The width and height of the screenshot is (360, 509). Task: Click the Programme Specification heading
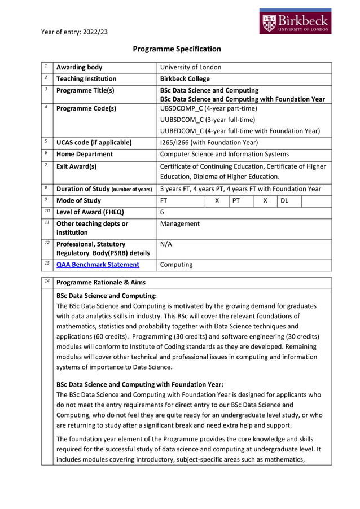click(x=177, y=49)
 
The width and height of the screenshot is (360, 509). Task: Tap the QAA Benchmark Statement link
click(x=98, y=264)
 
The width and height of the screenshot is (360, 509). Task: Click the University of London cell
click(x=191, y=67)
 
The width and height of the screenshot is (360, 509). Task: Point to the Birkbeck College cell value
click(x=185, y=79)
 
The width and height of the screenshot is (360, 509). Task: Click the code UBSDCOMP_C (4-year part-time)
click(x=208, y=108)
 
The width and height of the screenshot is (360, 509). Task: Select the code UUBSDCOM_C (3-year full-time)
click(x=207, y=120)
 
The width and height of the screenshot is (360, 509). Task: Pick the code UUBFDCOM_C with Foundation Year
click(x=240, y=131)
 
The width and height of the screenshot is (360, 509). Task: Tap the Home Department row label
click(x=84, y=154)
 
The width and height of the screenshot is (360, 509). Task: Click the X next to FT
click(x=217, y=200)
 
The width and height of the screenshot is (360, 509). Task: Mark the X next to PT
click(x=265, y=200)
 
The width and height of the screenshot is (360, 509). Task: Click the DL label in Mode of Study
click(x=284, y=200)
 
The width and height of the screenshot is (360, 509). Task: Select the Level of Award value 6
click(x=162, y=212)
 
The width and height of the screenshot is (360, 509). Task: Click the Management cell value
click(x=179, y=223)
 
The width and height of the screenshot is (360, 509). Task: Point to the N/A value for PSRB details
click(x=166, y=244)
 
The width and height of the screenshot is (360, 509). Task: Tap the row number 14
click(x=46, y=282)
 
